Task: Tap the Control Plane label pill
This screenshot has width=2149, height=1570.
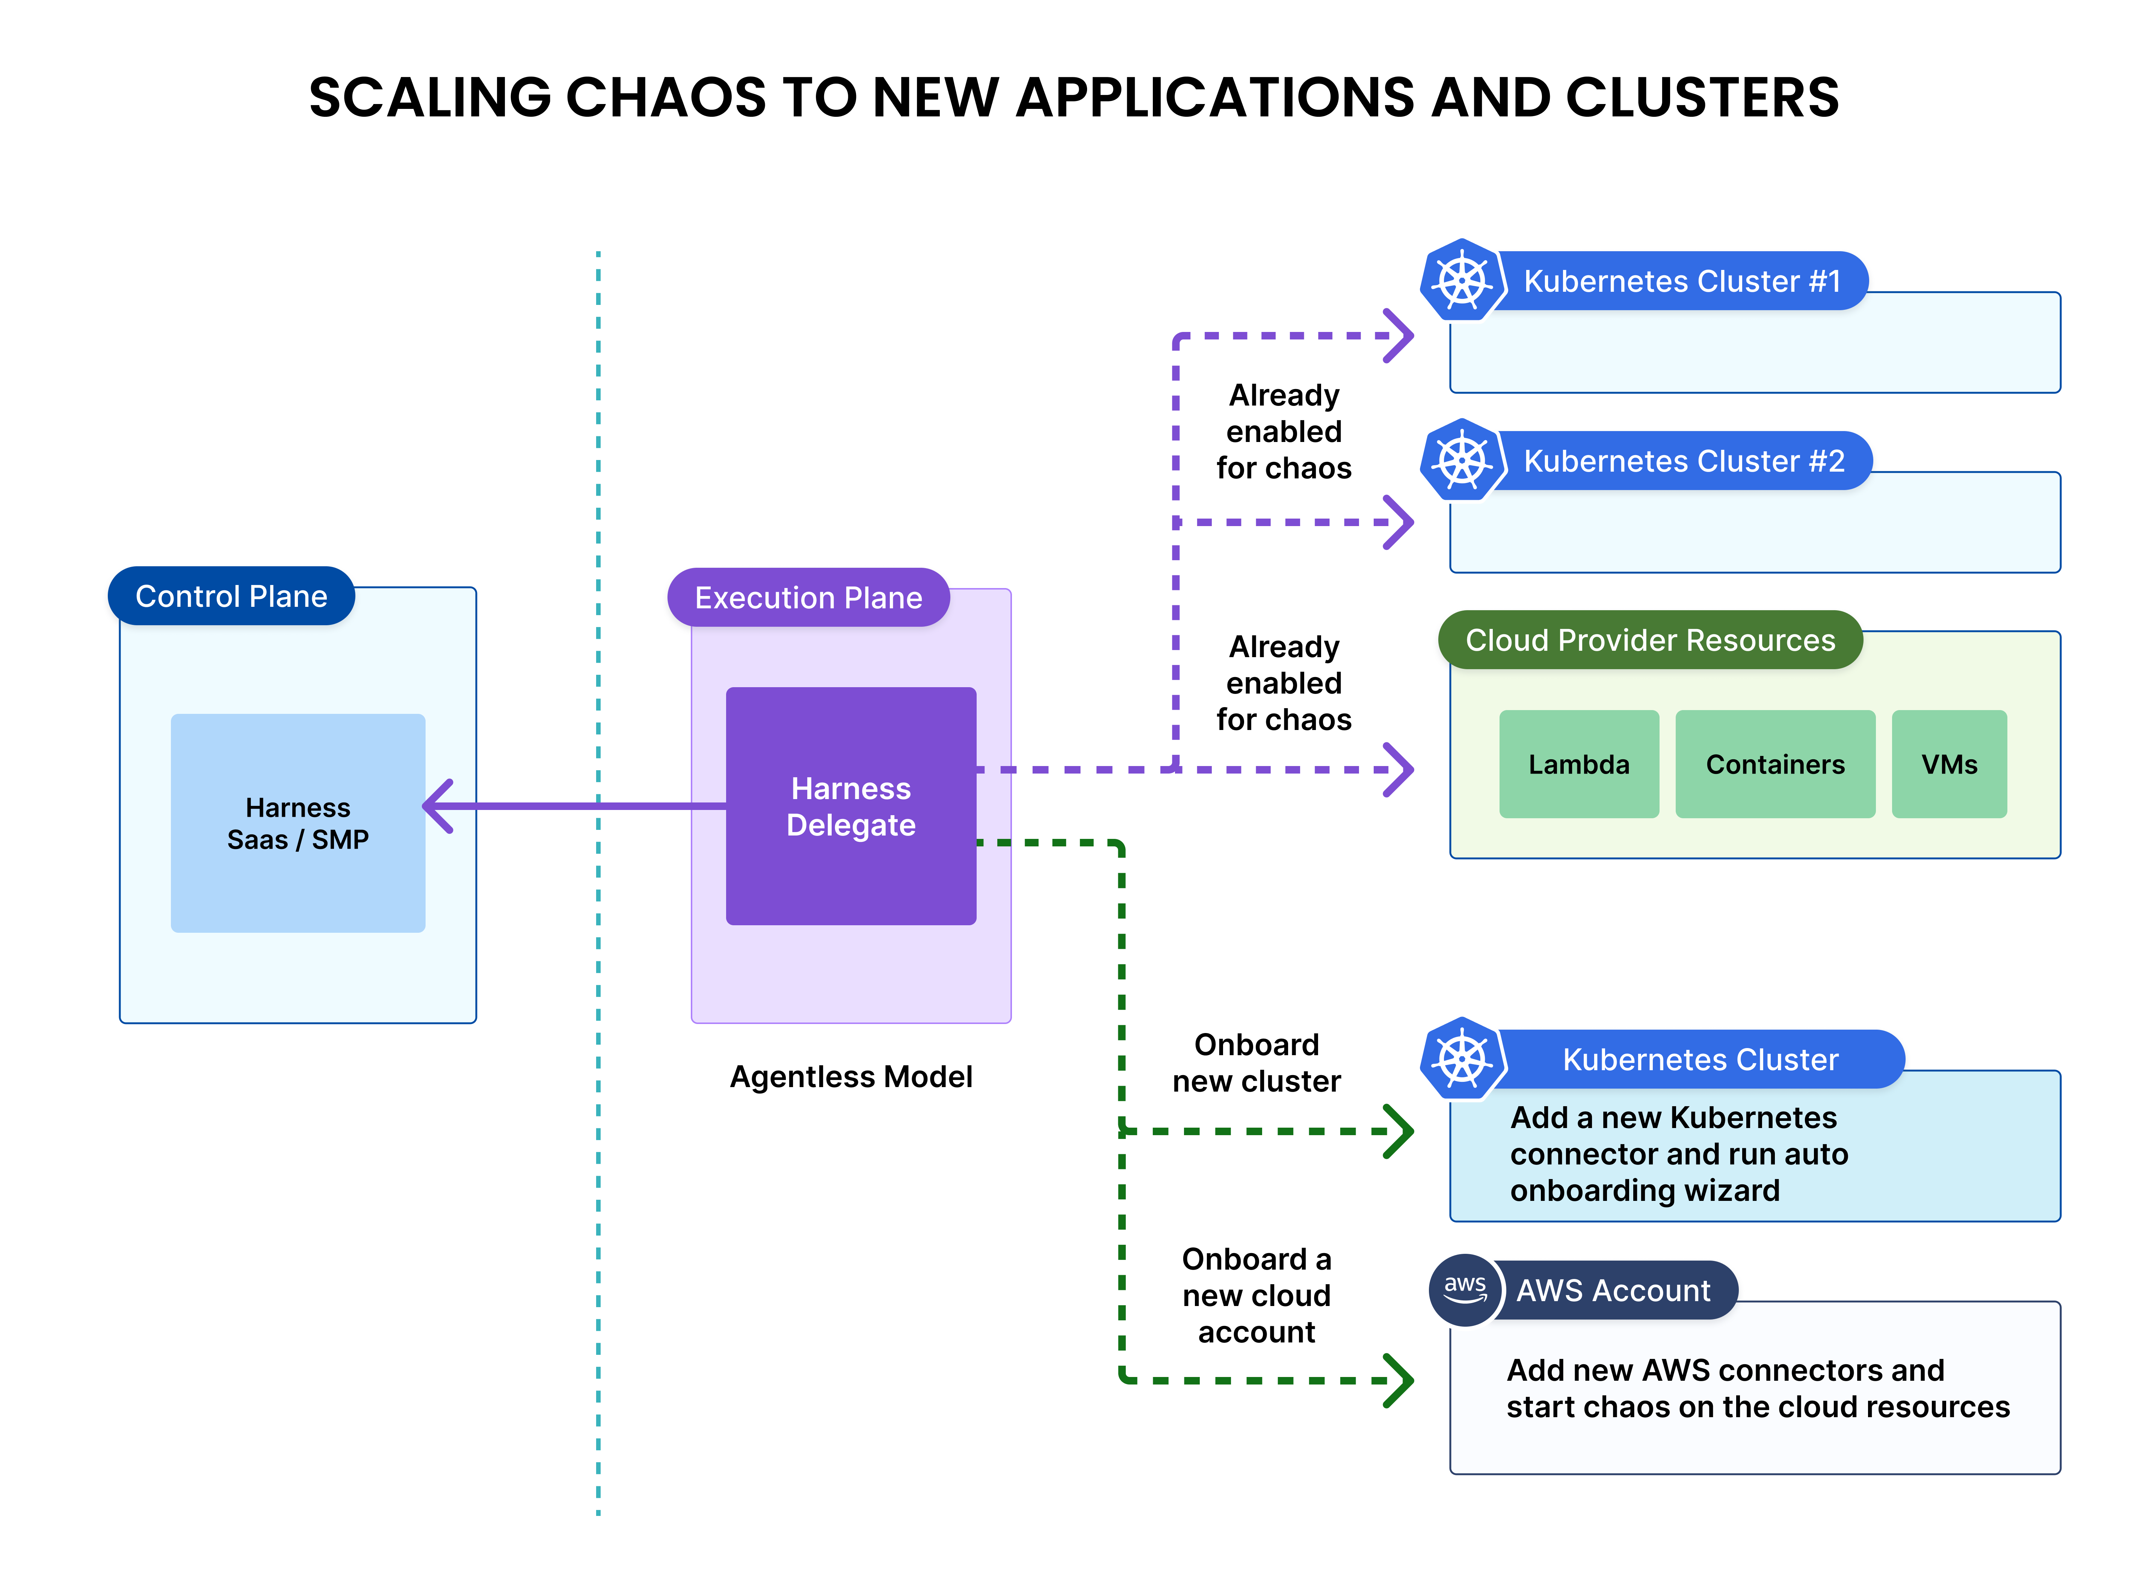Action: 231,596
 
